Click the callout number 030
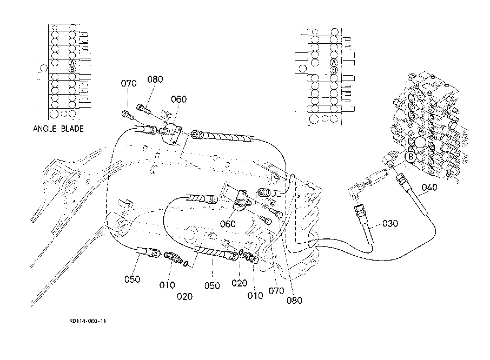pos(390,223)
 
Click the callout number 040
pos(429,188)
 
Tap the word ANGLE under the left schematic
pos(45,129)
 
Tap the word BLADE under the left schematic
pos(72,129)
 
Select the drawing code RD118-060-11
pos(88,321)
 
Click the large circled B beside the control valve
pos(410,157)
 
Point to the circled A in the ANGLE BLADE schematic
pos(72,63)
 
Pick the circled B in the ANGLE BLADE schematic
pos(72,69)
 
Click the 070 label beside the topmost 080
pos(129,83)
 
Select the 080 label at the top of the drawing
pos(155,79)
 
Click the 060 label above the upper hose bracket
pos(179,99)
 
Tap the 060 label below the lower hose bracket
pos(228,224)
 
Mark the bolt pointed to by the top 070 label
pos(128,115)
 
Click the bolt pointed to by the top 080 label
pos(143,108)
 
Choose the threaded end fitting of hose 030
pos(360,211)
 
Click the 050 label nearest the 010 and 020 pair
pos(132,279)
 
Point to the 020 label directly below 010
pos(184,296)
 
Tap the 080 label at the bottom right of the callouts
pos(294,301)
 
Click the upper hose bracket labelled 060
pos(170,133)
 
